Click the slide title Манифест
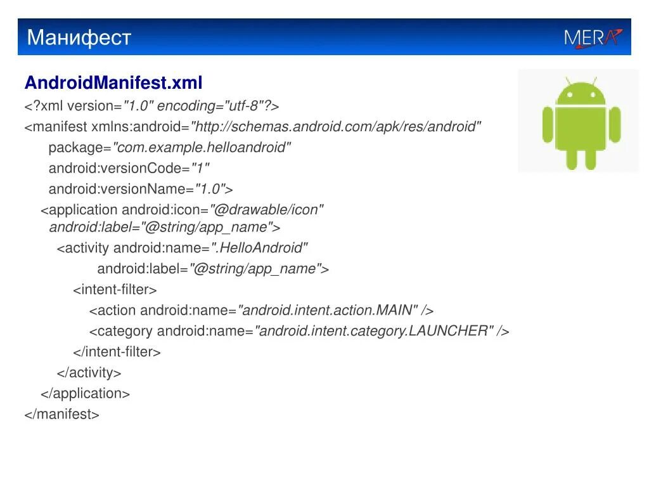[79, 38]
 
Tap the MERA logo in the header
[593, 38]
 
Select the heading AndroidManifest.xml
[113, 83]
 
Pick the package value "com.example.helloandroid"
[202, 148]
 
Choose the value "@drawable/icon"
[267, 210]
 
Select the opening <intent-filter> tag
[115, 290]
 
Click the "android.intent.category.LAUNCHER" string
[374, 331]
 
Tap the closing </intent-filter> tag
[117, 352]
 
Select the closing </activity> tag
[89, 373]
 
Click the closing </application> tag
[85, 394]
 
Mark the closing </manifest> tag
[62, 415]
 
